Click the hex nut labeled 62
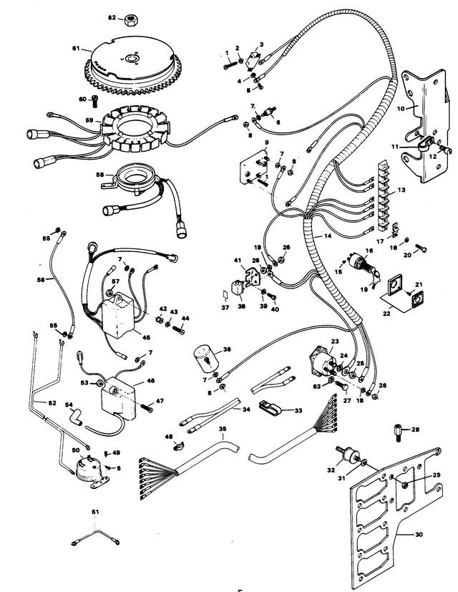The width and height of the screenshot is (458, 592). [x=132, y=17]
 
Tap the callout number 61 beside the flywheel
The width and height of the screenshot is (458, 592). [x=77, y=49]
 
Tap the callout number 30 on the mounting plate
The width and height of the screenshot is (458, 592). [x=419, y=533]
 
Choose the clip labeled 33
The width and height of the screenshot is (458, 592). [x=268, y=409]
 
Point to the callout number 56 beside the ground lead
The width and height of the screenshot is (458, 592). [x=40, y=280]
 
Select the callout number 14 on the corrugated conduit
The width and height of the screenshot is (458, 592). [x=328, y=236]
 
